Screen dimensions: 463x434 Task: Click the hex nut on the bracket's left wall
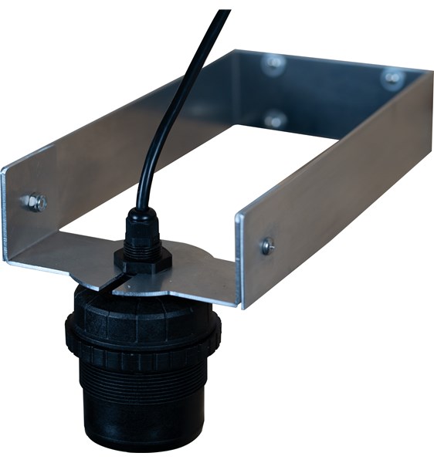pyautogui.click(x=33, y=202)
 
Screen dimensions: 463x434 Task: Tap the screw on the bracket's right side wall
pyautogui.click(x=267, y=245)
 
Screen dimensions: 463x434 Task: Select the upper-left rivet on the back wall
pyautogui.click(x=272, y=65)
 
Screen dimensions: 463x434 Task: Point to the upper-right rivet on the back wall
pyautogui.click(x=392, y=78)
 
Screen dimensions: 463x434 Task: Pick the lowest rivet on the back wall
pyautogui.click(x=273, y=120)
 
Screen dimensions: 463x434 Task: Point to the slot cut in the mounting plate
pyautogui.click(x=117, y=281)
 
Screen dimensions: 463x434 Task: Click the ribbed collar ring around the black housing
pyautogui.click(x=143, y=340)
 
